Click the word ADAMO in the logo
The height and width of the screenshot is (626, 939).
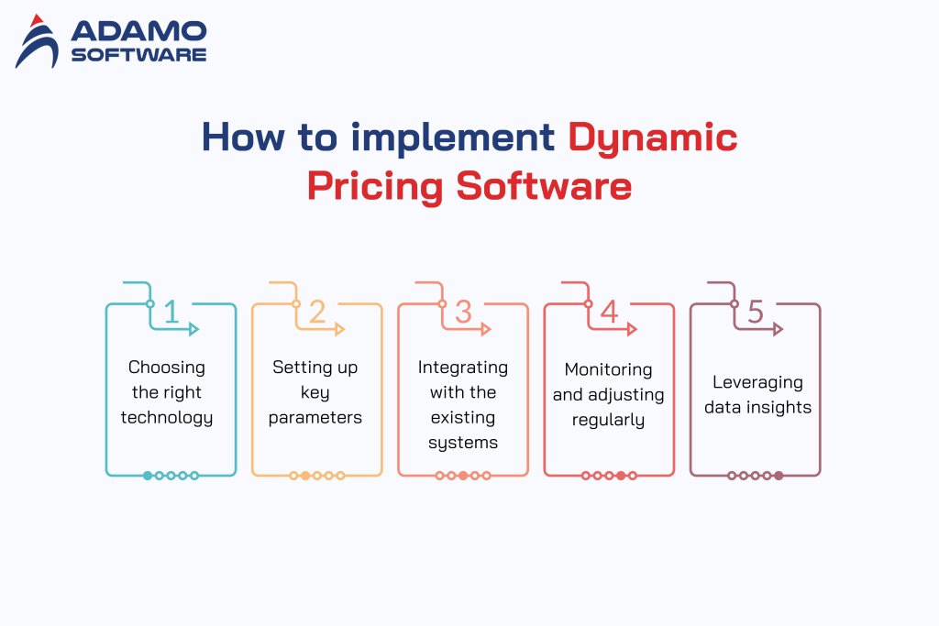click(x=138, y=31)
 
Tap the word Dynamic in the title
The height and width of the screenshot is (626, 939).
click(x=653, y=137)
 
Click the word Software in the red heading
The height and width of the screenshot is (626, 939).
click(x=544, y=185)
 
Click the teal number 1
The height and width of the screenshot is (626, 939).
click(x=171, y=313)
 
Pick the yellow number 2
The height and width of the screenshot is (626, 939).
click(x=316, y=313)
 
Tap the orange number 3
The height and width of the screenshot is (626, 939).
click(x=463, y=313)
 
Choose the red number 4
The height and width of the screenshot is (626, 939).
click(x=609, y=313)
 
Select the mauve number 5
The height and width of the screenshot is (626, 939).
click(x=755, y=313)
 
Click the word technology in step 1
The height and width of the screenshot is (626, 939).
click(x=167, y=418)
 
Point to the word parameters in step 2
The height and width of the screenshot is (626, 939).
click(x=315, y=418)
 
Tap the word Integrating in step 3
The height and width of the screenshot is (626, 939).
click(x=463, y=367)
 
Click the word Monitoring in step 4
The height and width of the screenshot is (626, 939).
click(x=609, y=369)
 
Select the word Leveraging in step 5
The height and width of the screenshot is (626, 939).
click(x=757, y=381)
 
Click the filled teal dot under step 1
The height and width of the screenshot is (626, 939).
click(x=148, y=476)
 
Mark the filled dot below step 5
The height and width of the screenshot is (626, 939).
click(x=779, y=476)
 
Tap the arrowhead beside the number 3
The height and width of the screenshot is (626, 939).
click(x=487, y=328)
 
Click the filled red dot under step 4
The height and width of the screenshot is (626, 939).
click(x=621, y=476)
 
